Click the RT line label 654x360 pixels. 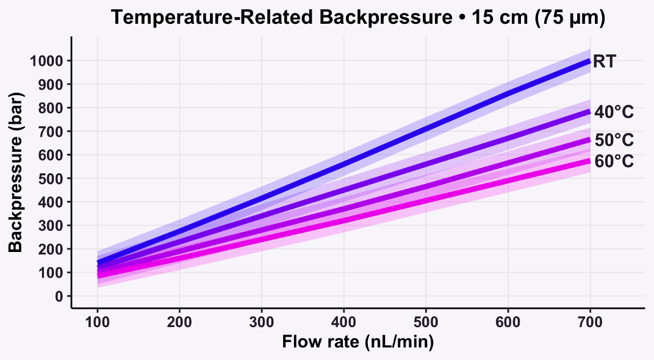point(604,62)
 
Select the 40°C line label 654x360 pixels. point(614,112)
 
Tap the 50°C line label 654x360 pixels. point(614,140)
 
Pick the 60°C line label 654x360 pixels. point(614,161)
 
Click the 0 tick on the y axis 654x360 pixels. point(59,297)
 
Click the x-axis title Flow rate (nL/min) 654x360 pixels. point(358,342)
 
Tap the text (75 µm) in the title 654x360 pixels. point(569,18)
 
